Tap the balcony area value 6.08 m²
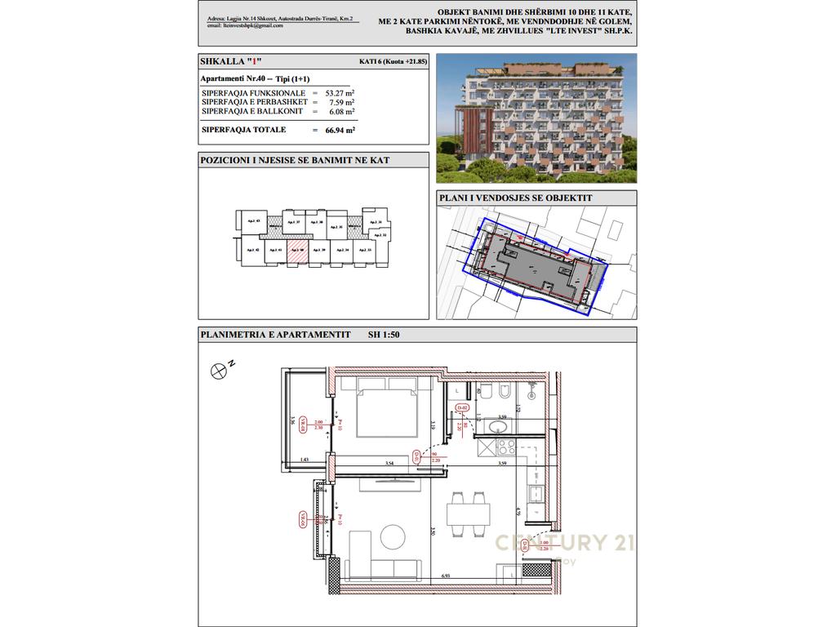341,110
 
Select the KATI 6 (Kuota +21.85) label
394,62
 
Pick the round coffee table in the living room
389,536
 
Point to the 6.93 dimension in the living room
447,576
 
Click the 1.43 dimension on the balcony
305,460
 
